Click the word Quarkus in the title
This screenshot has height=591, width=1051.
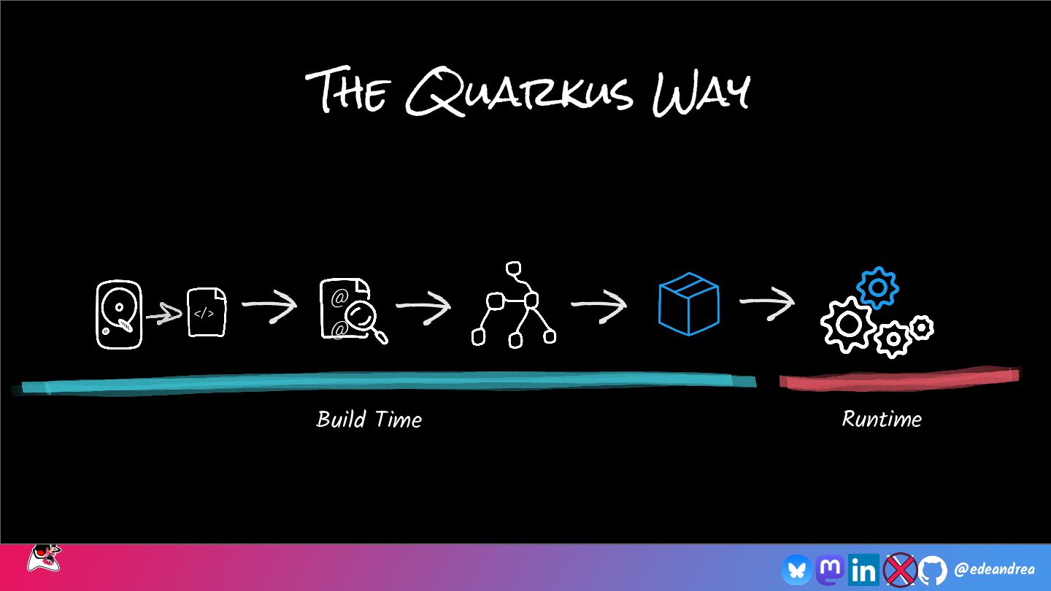coord(518,93)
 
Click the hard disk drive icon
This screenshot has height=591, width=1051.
coord(118,314)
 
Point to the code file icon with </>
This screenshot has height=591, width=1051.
coord(207,313)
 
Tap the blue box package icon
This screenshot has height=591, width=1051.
coord(688,304)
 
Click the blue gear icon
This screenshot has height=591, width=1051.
coord(877,287)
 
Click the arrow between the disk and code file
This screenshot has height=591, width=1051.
coord(163,315)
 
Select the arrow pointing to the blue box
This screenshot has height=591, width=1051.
coord(598,304)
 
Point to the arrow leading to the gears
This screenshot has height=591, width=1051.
coord(766,303)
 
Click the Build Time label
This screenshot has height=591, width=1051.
coord(369,420)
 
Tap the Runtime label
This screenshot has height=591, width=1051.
coord(882,419)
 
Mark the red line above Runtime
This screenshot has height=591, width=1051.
coord(898,378)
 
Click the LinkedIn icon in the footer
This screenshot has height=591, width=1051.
coord(864,569)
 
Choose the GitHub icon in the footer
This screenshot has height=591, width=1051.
coord(932,569)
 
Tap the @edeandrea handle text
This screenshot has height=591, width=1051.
coord(994,569)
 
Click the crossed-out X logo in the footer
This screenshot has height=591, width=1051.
coord(899,569)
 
